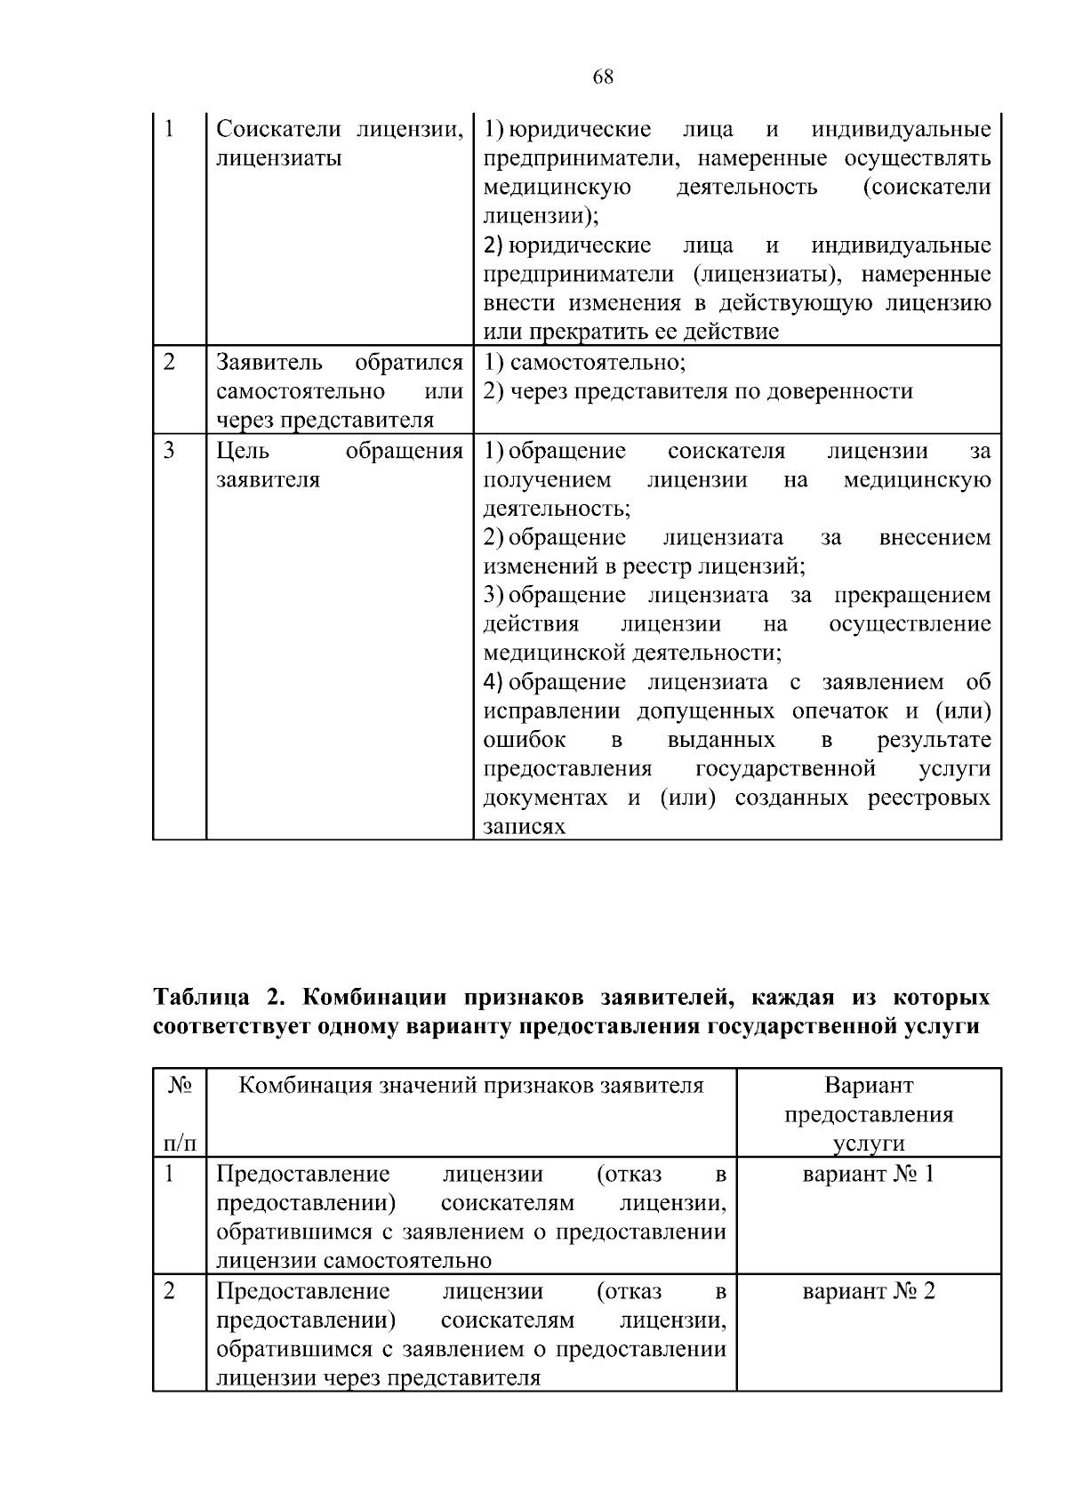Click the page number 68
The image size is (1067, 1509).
tap(603, 77)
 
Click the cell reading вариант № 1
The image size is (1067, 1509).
tap(868, 1175)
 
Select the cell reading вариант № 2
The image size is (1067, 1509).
tap(868, 1291)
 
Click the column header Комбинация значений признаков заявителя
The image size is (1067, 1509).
tap(471, 1086)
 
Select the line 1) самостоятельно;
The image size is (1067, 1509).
tap(585, 363)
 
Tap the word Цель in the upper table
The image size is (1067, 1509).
tap(243, 452)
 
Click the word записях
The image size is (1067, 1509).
tap(525, 827)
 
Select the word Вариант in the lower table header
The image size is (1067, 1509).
tap(869, 1086)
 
